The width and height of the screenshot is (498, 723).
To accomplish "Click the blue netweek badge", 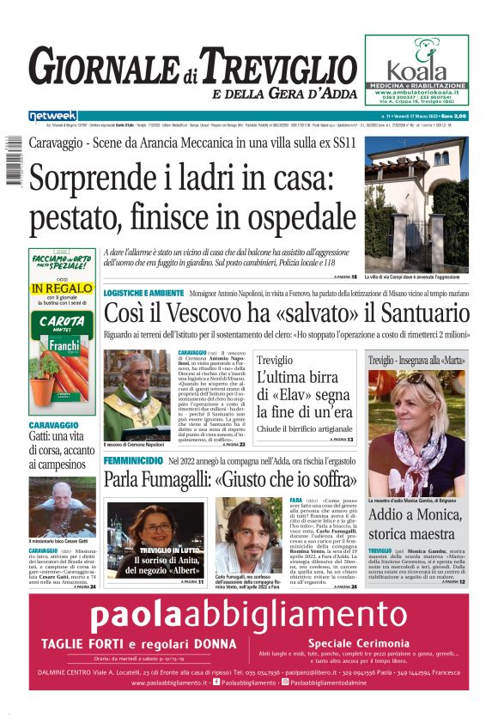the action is point(53,115).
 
